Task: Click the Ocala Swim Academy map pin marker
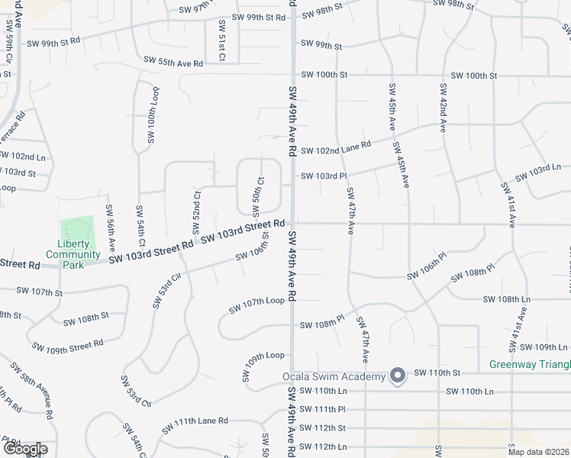tap(398, 376)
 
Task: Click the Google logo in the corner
tap(24, 449)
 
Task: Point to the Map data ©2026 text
tap(538, 452)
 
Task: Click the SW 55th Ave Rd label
tap(173, 60)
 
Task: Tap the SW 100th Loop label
tap(151, 115)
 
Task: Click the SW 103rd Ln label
tap(537, 173)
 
